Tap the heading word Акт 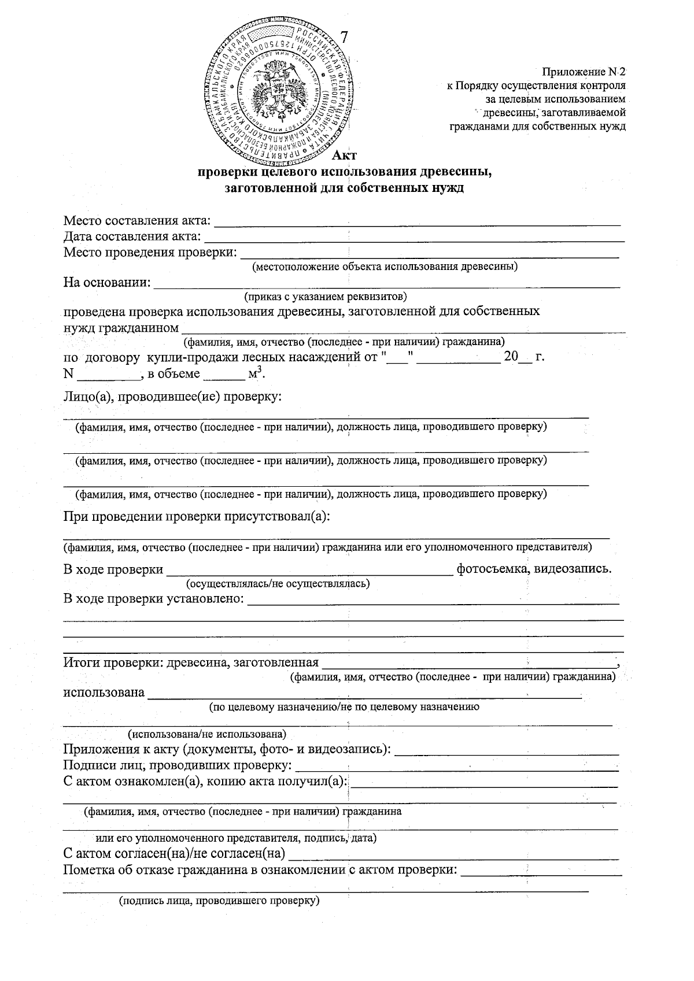click(x=345, y=155)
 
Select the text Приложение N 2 click(x=584, y=72)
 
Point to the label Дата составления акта click(x=132, y=236)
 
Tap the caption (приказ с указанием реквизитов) click(x=326, y=297)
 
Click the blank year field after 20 click(x=525, y=357)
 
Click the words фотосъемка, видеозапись click(x=534, y=569)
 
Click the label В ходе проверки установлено click(x=153, y=598)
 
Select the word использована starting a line click(x=104, y=693)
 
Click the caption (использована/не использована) click(x=207, y=735)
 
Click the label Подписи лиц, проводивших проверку click(x=177, y=767)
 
